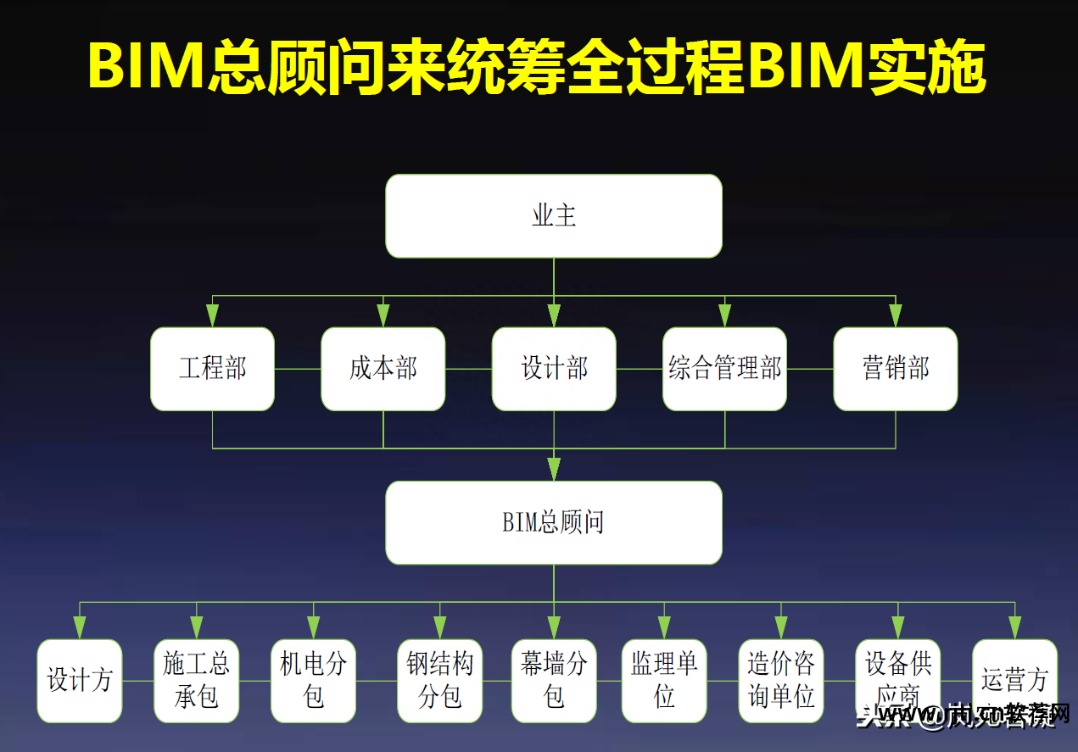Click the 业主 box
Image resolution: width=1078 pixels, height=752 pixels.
554,216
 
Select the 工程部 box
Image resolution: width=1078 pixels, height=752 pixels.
212,369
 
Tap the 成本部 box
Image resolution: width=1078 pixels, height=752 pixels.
383,369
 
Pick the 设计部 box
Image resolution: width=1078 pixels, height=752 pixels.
554,369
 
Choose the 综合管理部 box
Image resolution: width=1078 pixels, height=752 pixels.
725,369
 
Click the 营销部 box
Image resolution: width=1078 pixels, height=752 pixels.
896,369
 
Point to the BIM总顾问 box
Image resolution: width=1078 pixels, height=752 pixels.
554,522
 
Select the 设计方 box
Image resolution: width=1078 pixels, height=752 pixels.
80,681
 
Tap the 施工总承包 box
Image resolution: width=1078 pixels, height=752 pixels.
197,681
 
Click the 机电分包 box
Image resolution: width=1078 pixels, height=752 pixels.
314,681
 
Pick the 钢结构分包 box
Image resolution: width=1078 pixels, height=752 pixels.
440,681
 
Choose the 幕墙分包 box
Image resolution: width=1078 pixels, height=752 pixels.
554,681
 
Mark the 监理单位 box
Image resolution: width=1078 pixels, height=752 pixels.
664,681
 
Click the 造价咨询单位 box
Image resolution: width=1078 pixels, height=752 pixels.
781,681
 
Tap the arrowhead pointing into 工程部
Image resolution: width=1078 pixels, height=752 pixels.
212,315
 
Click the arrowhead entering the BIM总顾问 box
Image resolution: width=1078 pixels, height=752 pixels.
554,469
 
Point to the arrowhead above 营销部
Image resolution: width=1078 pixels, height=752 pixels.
896,315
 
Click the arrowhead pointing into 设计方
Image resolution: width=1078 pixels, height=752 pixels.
80,627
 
